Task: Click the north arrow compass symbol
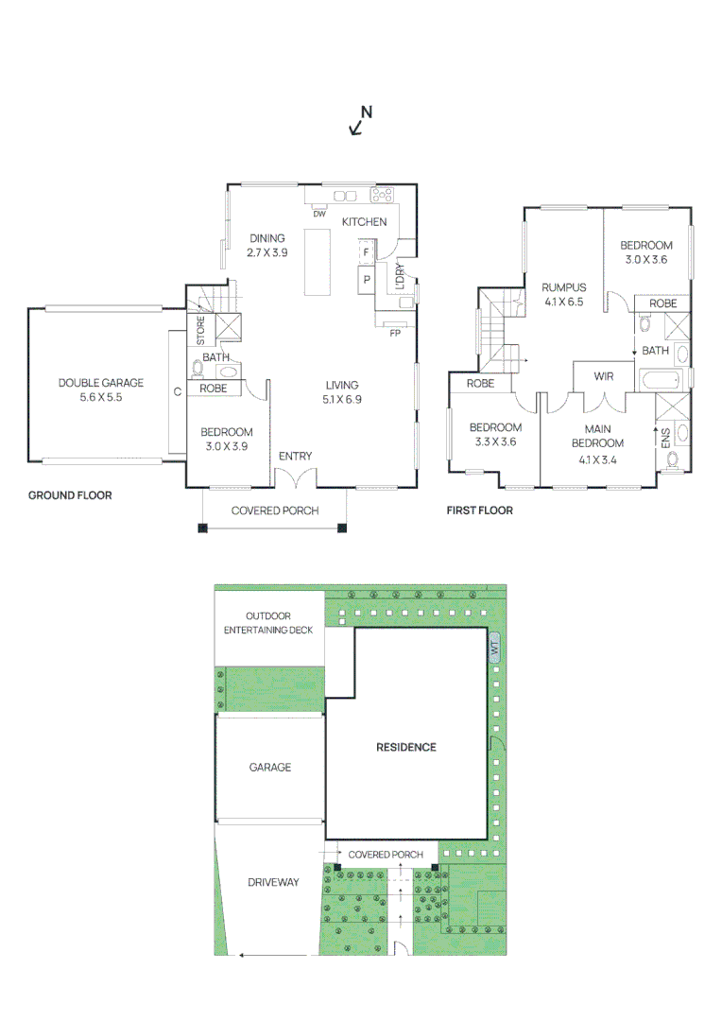tap(360, 120)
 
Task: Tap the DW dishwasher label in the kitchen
tap(319, 213)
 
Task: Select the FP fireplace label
tap(394, 332)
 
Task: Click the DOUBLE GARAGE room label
tap(101, 383)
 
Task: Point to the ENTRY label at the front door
tap(295, 457)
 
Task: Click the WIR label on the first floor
tap(605, 376)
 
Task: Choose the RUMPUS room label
tap(564, 287)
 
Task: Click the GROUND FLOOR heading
tap(70, 495)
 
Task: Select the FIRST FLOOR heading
tap(480, 510)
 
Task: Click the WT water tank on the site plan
tap(493, 649)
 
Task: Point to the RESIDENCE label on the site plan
tap(406, 747)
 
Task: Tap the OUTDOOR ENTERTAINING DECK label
tap(269, 623)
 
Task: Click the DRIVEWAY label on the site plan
tap(273, 882)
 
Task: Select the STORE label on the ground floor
tap(200, 330)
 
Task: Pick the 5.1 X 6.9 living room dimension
tap(342, 400)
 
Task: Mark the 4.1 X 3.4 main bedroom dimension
tap(597, 460)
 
